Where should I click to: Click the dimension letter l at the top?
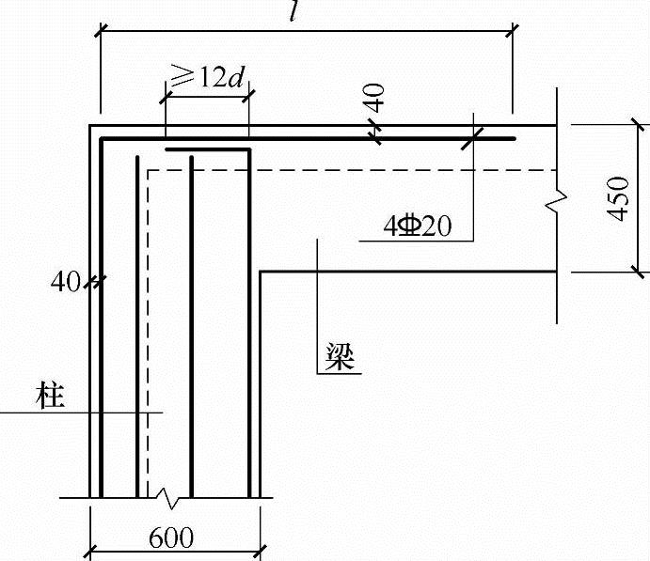296,13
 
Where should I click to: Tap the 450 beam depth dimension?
618,198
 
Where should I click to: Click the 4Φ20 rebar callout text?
418,226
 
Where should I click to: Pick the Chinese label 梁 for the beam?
341,357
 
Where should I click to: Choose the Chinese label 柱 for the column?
51,396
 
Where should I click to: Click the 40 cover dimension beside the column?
66,280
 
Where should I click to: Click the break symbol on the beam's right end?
559,200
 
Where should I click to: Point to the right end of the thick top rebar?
515,139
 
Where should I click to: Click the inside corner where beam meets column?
260,273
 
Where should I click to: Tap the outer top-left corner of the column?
90,126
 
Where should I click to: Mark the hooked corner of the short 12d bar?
249,149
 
